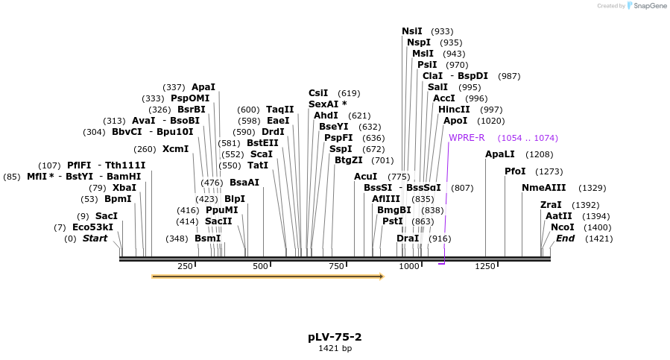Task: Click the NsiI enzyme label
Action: pos(411,31)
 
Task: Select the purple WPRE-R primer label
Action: pos(467,138)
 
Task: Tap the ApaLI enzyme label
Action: pos(500,154)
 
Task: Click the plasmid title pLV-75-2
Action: pos(335,337)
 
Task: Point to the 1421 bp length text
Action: pos(335,348)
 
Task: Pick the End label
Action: pos(566,239)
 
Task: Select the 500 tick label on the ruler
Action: pos(260,266)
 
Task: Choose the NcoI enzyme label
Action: pos(563,227)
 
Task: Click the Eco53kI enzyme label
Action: pos(93,227)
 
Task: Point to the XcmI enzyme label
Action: pos(176,149)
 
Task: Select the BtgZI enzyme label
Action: pos(349,160)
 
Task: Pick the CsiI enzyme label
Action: pos(318,93)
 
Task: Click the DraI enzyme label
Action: pos(408,239)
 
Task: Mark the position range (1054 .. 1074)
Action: pos(528,138)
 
